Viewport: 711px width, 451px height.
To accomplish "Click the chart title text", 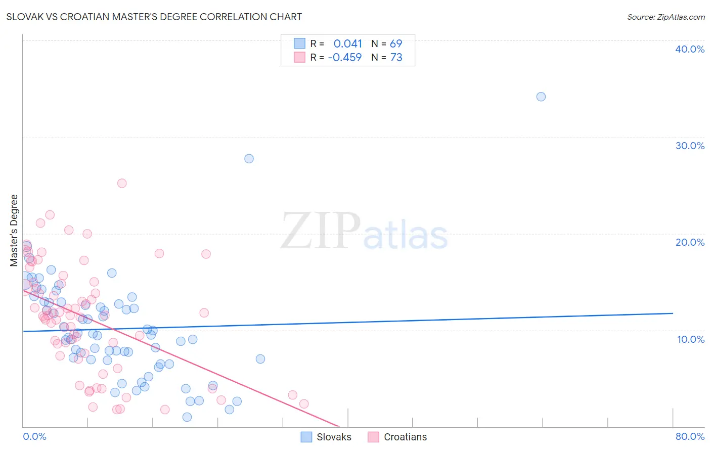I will [154, 17].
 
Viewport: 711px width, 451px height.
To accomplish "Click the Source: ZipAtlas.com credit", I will [665, 17].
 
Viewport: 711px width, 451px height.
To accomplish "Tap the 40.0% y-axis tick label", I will [689, 49].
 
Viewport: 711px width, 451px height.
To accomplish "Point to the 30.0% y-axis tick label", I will [689, 146].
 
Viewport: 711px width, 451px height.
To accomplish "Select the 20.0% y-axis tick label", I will [689, 242].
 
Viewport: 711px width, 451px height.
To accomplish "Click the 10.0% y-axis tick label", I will [690, 339].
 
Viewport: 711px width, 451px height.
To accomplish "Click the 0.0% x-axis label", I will [34, 436].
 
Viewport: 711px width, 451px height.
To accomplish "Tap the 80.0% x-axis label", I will [690, 436].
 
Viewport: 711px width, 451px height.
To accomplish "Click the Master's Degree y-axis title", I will [14, 231].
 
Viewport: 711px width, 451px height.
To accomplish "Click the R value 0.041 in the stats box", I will [347, 44].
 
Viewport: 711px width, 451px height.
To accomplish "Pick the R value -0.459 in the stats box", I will [345, 58].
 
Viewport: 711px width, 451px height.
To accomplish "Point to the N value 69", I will [396, 44].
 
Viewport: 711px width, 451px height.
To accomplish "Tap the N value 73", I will [396, 58].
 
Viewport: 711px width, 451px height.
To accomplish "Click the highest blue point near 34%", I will [541, 97].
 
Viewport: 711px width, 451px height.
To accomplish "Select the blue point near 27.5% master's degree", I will [249, 159].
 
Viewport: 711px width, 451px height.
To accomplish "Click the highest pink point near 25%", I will [122, 184].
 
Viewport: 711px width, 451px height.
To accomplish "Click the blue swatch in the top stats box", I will [299, 43].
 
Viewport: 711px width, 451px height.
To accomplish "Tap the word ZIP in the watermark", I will [321, 231].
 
